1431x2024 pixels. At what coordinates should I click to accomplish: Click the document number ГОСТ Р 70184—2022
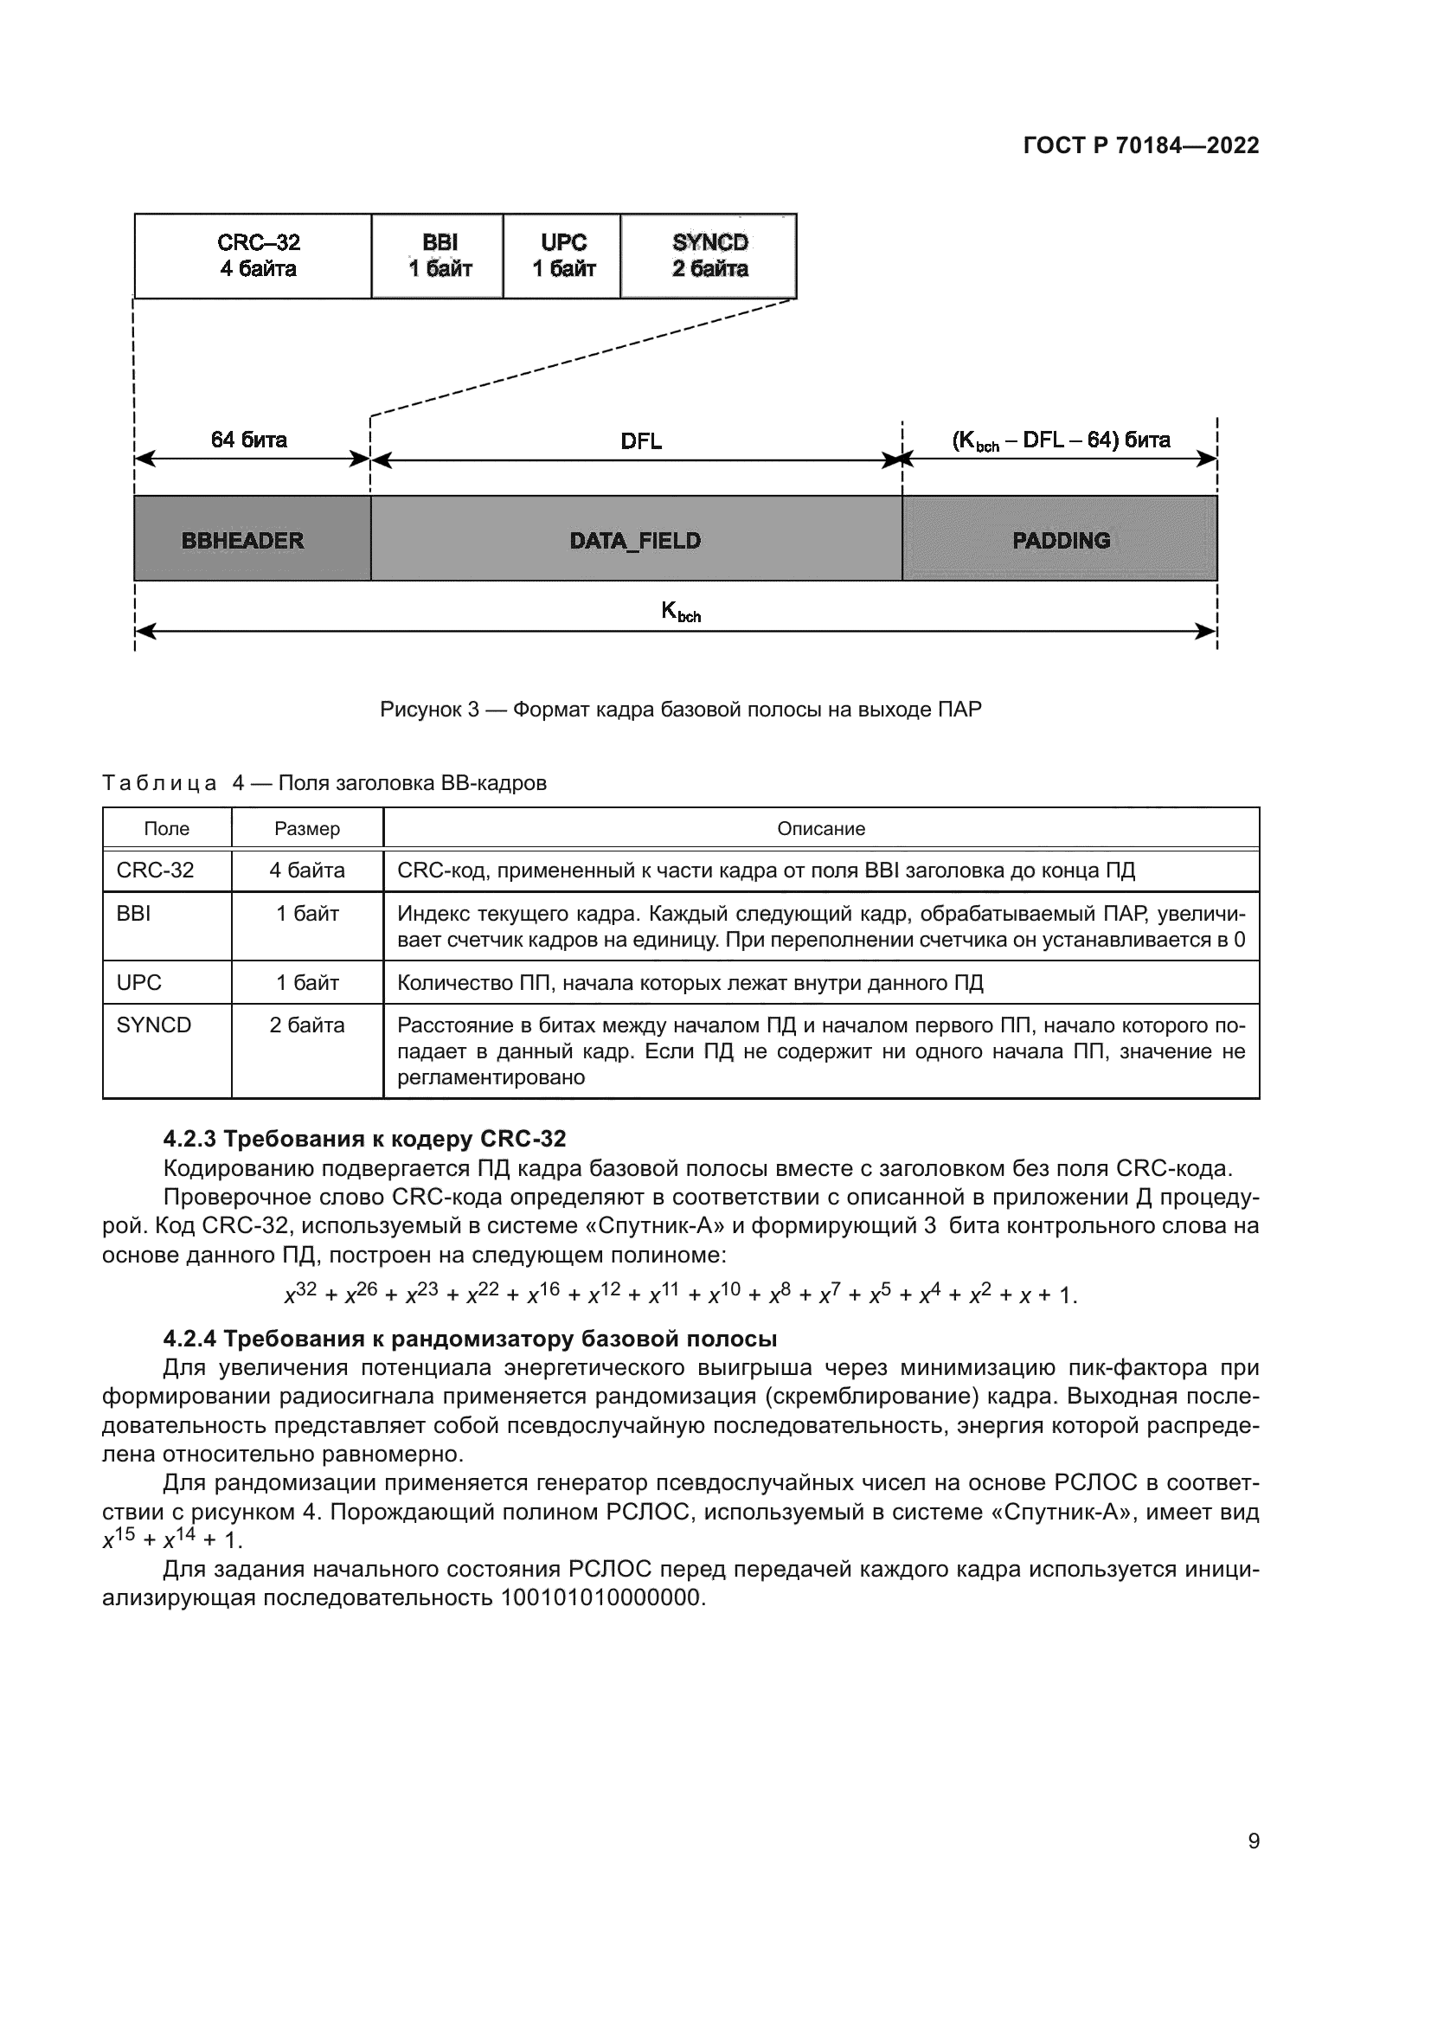[x=1141, y=145]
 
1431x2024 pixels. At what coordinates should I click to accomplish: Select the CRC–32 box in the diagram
[x=253, y=255]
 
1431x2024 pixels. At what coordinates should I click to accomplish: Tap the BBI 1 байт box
[x=438, y=255]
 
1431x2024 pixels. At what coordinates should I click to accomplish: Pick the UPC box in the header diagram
[x=562, y=255]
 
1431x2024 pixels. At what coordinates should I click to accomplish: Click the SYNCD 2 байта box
[x=709, y=255]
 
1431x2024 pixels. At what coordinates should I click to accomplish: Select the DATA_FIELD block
[x=636, y=539]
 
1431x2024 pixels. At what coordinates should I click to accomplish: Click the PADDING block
[x=1060, y=539]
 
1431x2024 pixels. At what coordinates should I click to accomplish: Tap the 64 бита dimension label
[x=248, y=440]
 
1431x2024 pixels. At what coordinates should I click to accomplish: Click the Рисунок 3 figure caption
[x=680, y=710]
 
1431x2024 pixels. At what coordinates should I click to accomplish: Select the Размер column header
[x=306, y=829]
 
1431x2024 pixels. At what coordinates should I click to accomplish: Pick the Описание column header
[x=820, y=829]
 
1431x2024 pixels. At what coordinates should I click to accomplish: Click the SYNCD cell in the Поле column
[x=154, y=1025]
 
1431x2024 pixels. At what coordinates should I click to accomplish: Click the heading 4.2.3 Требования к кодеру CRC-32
[x=364, y=1139]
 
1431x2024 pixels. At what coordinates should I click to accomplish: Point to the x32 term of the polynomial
[x=300, y=1294]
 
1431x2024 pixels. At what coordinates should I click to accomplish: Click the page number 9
[x=1253, y=1841]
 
